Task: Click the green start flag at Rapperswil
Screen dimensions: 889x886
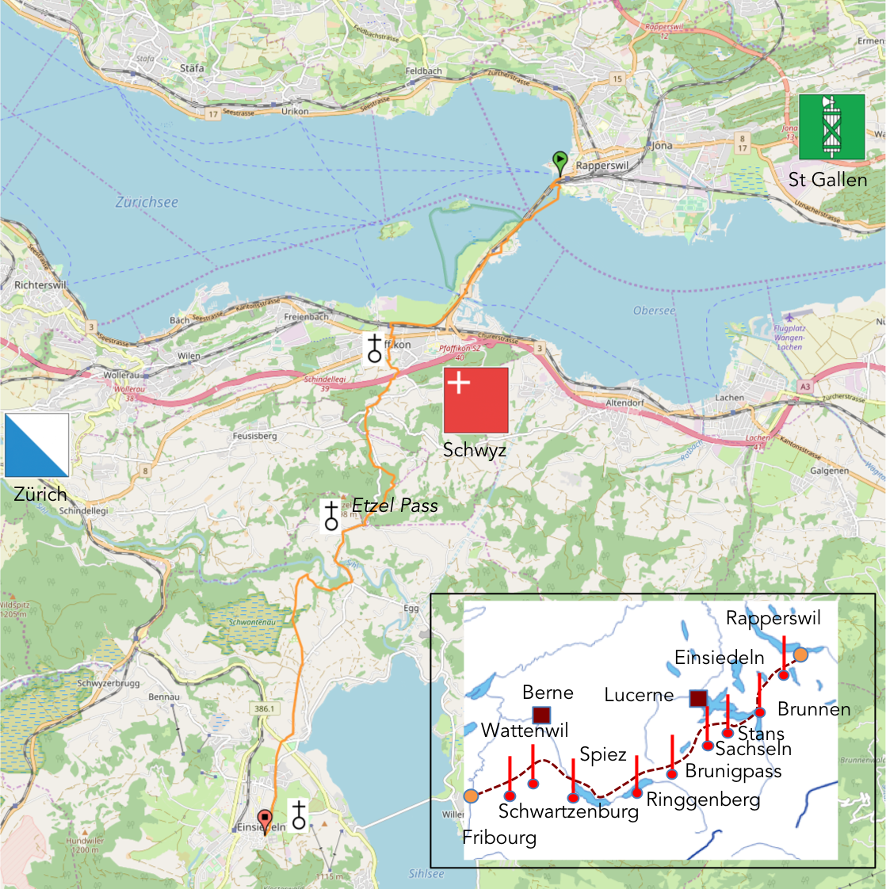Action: pyautogui.click(x=559, y=162)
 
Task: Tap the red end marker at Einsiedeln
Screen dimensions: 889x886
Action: pyautogui.click(x=265, y=819)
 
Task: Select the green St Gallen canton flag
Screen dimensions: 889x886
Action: pyautogui.click(x=831, y=127)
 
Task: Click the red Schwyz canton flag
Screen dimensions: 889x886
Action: pyautogui.click(x=475, y=400)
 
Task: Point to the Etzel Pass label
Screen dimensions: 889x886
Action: pyautogui.click(x=395, y=506)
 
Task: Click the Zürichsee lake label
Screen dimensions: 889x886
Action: pyautogui.click(x=147, y=202)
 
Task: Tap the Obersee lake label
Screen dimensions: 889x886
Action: pyautogui.click(x=654, y=311)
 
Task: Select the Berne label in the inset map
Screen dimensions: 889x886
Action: pyautogui.click(x=548, y=693)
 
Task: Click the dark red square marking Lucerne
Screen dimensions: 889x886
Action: pyautogui.click(x=698, y=698)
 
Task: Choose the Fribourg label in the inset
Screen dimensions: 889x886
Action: pyautogui.click(x=499, y=837)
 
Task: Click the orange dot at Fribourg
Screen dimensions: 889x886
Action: pyautogui.click(x=471, y=796)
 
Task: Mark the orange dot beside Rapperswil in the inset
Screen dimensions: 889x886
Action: pyautogui.click(x=800, y=654)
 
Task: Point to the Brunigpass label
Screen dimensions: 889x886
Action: pyautogui.click(x=733, y=771)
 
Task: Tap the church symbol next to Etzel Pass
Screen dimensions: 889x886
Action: pyautogui.click(x=331, y=515)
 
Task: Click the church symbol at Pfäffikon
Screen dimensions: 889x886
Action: pyautogui.click(x=374, y=348)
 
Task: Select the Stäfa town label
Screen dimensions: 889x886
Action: pyautogui.click(x=192, y=68)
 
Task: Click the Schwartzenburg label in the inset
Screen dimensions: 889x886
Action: pyautogui.click(x=568, y=811)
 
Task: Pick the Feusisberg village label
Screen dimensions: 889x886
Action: pyautogui.click(x=254, y=436)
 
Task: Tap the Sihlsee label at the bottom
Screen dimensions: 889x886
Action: pyautogui.click(x=426, y=874)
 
